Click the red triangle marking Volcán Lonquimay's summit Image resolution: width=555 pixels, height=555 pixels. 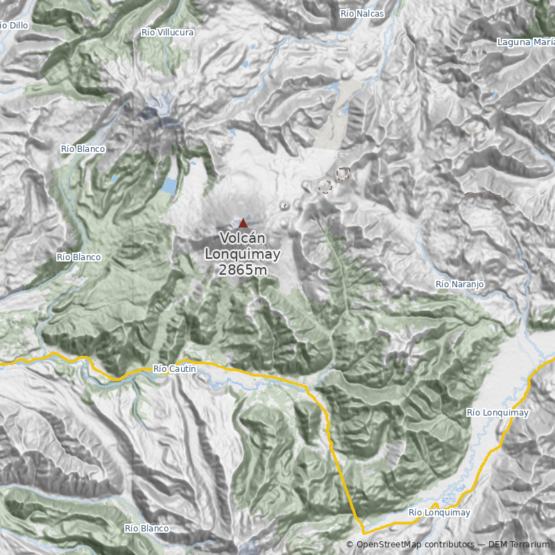coord(243,223)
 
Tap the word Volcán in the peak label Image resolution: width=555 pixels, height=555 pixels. coord(242,238)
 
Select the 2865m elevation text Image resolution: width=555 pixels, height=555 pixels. coord(242,270)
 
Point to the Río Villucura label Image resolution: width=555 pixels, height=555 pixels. coord(167,33)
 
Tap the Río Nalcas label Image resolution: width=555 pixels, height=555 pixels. coord(362,14)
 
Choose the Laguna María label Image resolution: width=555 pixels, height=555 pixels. coord(525,42)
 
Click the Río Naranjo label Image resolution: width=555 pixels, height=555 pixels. coord(459,284)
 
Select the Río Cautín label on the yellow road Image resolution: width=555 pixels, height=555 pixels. coord(174,369)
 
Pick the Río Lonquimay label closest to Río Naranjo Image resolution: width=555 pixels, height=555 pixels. coord(497,413)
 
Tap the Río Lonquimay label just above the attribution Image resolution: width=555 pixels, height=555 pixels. coord(440,513)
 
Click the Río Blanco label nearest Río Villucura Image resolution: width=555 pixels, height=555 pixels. coord(83,149)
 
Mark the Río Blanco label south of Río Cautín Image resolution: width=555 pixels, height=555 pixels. coord(147,529)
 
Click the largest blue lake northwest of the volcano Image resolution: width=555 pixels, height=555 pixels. coord(169,186)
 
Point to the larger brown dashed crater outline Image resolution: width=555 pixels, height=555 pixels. coord(342,174)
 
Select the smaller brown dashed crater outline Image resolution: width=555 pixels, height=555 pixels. coord(325,187)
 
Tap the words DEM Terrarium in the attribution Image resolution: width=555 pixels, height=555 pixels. coord(519,545)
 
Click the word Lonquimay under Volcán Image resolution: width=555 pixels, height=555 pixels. coord(242,254)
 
